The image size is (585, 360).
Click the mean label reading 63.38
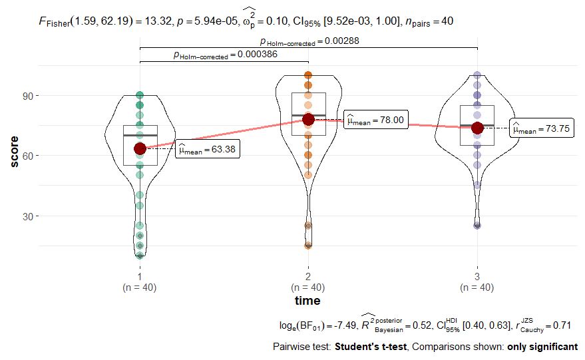click(x=207, y=150)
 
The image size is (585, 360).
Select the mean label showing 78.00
click(x=375, y=120)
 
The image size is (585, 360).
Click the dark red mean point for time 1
click(x=140, y=148)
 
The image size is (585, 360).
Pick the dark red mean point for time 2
click(x=308, y=119)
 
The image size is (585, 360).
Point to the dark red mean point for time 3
click(x=477, y=128)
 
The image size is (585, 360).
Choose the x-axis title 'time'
click(x=307, y=301)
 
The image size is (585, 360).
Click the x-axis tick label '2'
click(x=308, y=276)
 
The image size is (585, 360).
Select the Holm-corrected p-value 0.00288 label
click(x=309, y=41)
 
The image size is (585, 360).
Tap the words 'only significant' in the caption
click(x=542, y=347)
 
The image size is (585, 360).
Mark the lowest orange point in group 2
click(x=308, y=246)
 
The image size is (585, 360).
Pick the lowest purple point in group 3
click(x=477, y=226)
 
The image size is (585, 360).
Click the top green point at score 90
click(x=140, y=96)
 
